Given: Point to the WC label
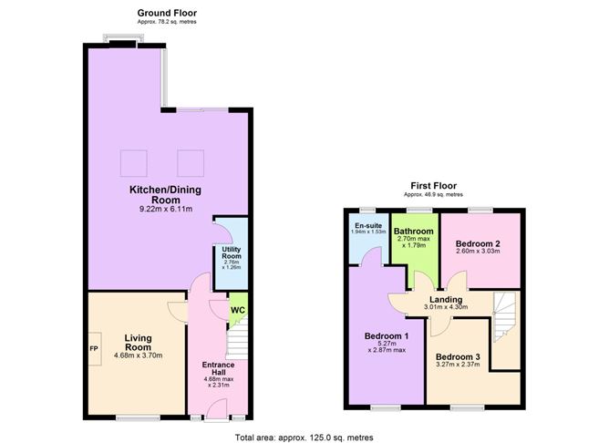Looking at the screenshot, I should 237,311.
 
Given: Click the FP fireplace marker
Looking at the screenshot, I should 93,349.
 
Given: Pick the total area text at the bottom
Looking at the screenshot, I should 304,437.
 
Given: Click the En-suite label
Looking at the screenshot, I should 367,224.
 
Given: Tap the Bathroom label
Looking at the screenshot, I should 414,232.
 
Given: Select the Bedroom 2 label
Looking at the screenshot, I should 480,243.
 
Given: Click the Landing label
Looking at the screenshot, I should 447,299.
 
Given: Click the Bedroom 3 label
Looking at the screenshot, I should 458,356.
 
